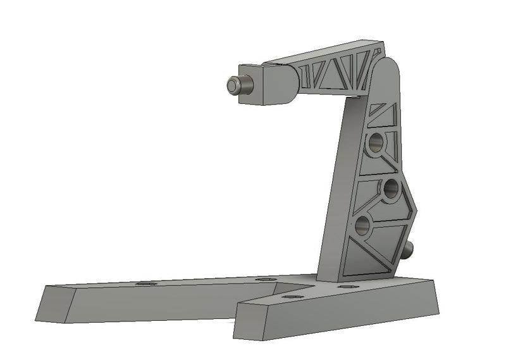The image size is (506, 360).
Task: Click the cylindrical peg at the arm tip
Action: pos(236,86)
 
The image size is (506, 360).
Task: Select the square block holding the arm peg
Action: pos(263,84)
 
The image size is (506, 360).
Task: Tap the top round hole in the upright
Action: pos(375,143)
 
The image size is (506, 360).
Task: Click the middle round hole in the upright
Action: pos(391,188)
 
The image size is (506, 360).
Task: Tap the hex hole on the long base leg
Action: pos(145,285)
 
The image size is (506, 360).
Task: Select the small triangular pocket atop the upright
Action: pos(381,115)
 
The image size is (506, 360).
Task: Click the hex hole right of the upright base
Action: pos(346,287)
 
